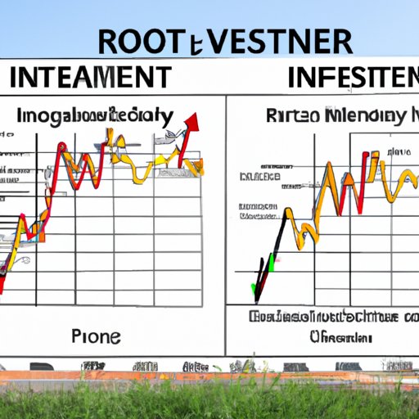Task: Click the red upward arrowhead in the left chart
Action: tap(194, 123)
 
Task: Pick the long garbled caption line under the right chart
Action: tap(325, 318)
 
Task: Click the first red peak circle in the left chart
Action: tap(61, 148)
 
